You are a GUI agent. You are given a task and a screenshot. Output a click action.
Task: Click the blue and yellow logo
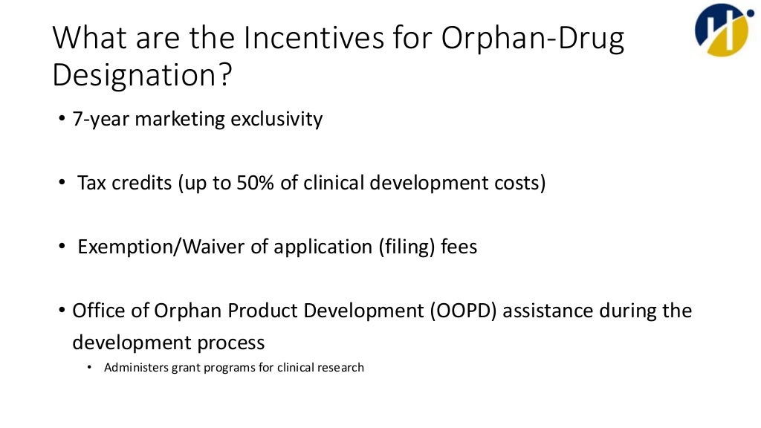tap(720, 30)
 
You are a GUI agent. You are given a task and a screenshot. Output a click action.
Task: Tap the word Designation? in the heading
tap(142, 75)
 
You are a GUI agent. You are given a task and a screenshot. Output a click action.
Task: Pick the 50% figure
tap(257, 183)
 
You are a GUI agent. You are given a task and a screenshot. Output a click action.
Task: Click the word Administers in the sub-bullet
tap(135, 367)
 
